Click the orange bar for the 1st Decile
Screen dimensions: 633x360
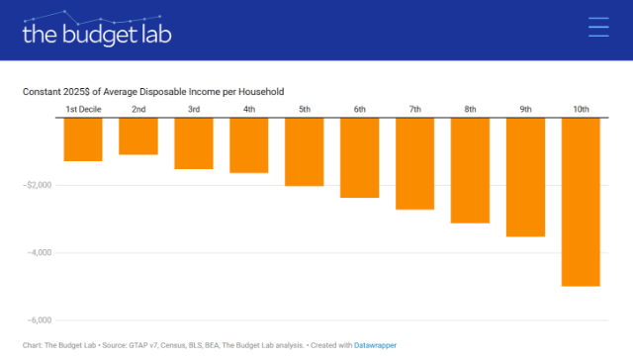coord(83,139)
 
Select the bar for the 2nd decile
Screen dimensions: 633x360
coord(138,136)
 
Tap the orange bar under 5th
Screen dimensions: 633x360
coord(305,151)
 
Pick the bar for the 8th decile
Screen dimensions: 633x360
coord(471,170)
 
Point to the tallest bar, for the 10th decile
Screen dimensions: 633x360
coord(581,202)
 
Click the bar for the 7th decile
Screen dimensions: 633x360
coord(415,163)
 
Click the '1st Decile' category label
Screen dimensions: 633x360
coord(83,110)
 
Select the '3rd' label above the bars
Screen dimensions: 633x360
coord(194,110)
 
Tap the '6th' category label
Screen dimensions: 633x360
coord(360,110)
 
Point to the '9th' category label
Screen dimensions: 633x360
coord(525,110)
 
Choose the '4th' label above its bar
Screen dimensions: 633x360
coord(249,110)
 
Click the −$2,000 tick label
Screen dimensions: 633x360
coord(38,185)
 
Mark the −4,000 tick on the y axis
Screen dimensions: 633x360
coord(40,252)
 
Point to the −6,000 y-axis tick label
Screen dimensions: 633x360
coord(40,320)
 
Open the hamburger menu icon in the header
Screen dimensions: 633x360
coord(598,27)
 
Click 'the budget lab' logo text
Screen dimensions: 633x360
coord(97,34)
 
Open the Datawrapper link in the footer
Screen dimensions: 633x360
coord(375,345)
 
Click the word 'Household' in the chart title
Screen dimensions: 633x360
coord(261,92)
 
